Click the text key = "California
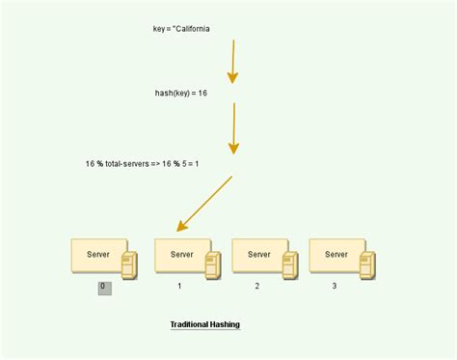pyautogui.click(x=181, y=29)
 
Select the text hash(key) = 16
pyautogui.click(x=181, y=94)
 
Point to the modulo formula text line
pyautogui.click(x=142, y=164)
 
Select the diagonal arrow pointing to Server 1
pyautogui.click(x=205, y=204)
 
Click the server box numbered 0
pyautogui.click(x=98, y=255)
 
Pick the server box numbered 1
pyautogui.click(x=182, y=255)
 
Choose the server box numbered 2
pyautogui.click(x=259, y=255)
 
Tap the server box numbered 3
pyautogui.click(x=336, y=255)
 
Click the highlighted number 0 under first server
pyautogui.click(x=104, y=287)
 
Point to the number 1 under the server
pyautogui.click(x=179, y=287)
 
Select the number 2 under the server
pyautogui.click(x=257, y=287)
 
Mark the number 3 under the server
pyautogui.click(x=335, y=287)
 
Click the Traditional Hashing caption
pyautogui.click(x=204, y=324)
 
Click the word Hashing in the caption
pyautogui.click(x=223, y=324)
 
